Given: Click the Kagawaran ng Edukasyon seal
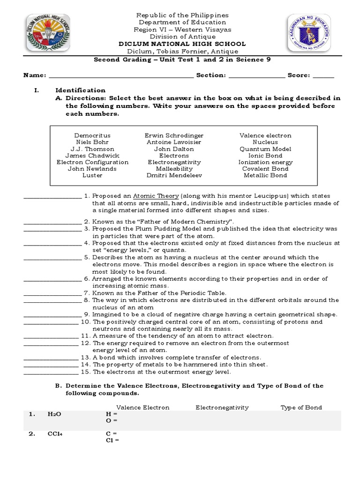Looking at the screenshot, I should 309,34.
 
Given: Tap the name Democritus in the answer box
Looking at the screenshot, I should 92,135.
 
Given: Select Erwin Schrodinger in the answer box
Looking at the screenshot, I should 174,135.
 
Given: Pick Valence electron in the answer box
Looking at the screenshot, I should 265,135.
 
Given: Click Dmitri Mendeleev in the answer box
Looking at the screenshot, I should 174,175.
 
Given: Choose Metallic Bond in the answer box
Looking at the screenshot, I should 265,175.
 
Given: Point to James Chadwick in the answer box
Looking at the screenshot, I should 92,156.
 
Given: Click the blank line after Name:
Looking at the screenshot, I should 120,76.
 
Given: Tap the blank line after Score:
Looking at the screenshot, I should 323,76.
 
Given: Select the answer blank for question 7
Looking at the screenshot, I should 52,294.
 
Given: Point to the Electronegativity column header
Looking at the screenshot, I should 222,407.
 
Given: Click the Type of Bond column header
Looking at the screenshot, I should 301,407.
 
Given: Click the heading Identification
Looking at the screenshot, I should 81,90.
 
